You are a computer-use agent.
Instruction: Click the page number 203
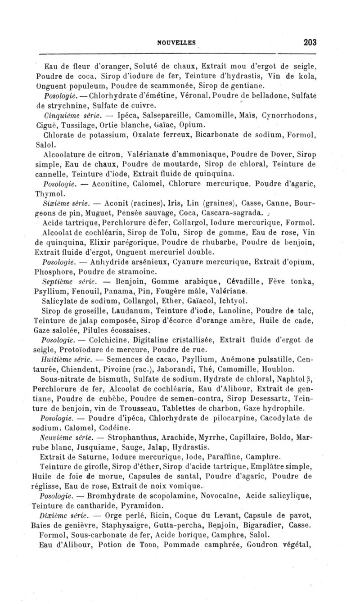pos(310,42)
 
